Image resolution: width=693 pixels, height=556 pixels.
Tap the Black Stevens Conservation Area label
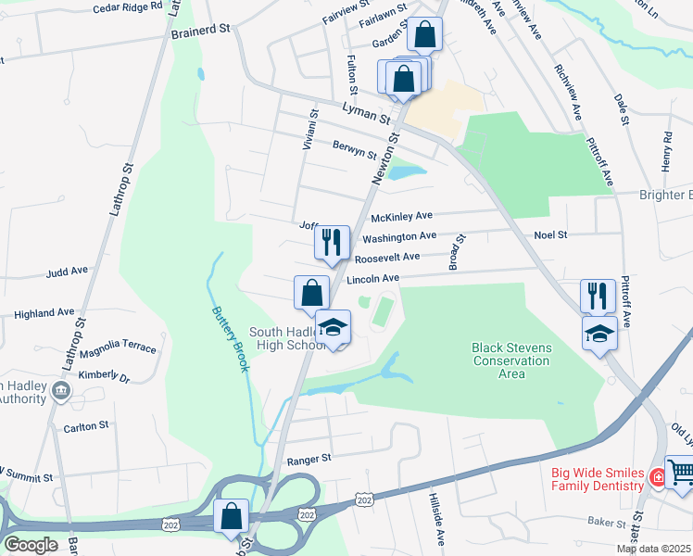tap(511, 360)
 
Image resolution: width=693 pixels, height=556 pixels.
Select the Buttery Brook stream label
tap(230, 340)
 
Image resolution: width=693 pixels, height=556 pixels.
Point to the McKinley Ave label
tap(401, 217)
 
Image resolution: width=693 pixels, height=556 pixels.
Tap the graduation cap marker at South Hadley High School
tap(334, 327)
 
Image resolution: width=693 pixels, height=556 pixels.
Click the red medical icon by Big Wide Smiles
tap(657, 478)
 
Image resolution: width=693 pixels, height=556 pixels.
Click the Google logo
tap(30, 545)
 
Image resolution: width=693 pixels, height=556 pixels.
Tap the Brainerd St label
tap(200, 31)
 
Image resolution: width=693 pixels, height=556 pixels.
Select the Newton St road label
tap(385, 158)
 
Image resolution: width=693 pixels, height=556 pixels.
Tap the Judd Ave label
tap(66, 272)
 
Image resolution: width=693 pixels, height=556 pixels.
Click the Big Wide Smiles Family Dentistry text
tap(598, 479)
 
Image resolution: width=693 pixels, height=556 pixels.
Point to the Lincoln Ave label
tap(372, 278)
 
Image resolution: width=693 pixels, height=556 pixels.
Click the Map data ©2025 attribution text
tap(653, 549)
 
